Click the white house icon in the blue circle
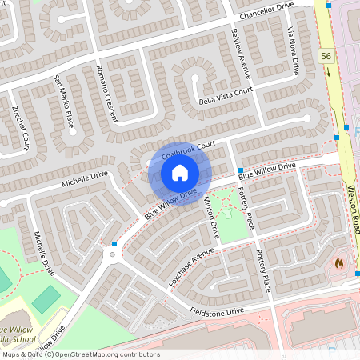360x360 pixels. click(x=180, y=173)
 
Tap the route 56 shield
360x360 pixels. click(x=325, y=55)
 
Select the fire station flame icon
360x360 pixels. click(x=338, y=262)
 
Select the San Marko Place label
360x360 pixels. click(x=63, y=101)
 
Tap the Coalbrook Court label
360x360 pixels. click(x=189, y=150)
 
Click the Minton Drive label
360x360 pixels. click(x=211, y=218)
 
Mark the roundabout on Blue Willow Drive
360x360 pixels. click(x=111, y=254)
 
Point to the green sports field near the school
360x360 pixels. click(x=46, y=299)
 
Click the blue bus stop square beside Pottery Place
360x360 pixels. click(x=241, y=170)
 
